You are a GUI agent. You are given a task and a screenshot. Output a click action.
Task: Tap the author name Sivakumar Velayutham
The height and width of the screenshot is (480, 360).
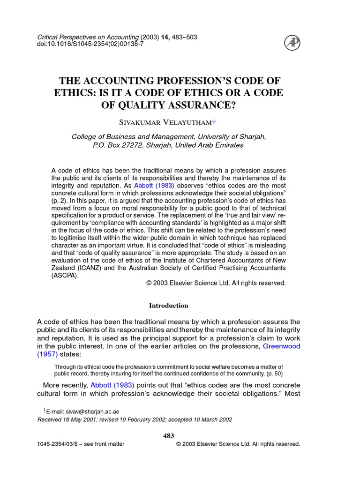168,122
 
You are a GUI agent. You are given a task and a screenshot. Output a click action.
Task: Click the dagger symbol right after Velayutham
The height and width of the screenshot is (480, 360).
214,122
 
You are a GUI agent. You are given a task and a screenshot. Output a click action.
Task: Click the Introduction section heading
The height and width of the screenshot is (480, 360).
168,306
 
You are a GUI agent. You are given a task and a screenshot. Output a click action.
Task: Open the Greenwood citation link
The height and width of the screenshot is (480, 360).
281,346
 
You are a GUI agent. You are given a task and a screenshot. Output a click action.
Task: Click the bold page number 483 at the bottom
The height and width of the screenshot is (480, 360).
168,435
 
